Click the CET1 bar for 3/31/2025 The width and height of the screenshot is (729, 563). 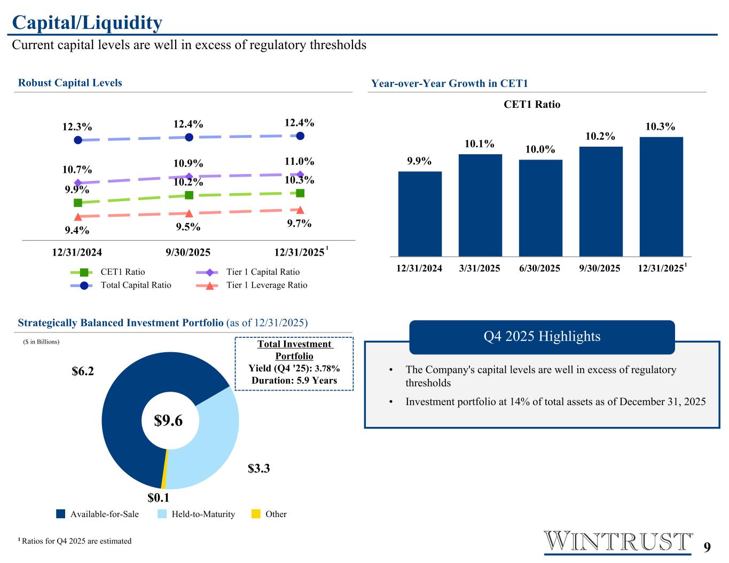[480, 205]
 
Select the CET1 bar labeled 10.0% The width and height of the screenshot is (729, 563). [540, 208]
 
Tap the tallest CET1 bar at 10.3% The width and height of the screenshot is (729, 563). [661, 196]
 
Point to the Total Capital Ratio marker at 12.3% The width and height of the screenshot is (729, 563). [78, 140]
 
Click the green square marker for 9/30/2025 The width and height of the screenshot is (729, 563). [189, 195]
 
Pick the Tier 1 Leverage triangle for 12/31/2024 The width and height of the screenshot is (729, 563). [78, 217]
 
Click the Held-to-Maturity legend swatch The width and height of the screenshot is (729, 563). [162, 514]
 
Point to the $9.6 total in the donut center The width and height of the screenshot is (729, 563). [168, 421]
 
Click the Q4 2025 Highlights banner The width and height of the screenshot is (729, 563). [542, 337]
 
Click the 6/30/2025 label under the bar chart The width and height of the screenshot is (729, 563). [539, 268]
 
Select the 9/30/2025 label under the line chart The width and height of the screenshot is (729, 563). [188, 252]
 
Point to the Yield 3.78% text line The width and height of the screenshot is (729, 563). [294, 369]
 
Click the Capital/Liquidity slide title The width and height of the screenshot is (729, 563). [87, 23]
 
